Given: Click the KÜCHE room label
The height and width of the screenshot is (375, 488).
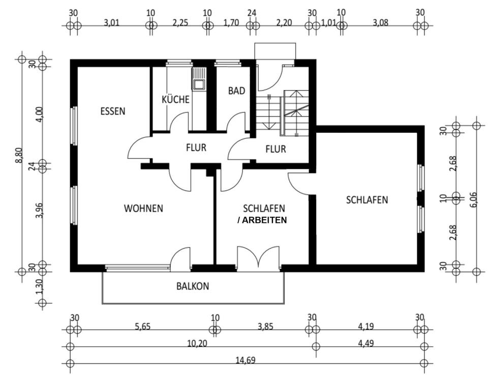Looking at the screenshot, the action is click(x=175, y=99).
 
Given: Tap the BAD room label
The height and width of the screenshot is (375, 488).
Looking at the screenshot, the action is click(x=236, y=91).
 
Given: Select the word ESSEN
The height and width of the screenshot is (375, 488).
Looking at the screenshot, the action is click(x=112, y=111).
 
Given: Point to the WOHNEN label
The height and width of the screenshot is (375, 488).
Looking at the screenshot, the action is click(x=143, y=208).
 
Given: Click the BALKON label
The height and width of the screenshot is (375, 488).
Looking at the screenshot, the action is click(x=193, y=286).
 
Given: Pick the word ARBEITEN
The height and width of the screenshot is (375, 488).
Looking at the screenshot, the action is click(x=264, y=220).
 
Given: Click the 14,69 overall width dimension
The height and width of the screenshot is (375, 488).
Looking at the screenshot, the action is click(x=245, y=360).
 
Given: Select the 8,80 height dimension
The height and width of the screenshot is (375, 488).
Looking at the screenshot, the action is click(x=18, y=155).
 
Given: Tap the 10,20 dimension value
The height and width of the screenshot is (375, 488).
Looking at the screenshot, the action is click(x=197, y=343).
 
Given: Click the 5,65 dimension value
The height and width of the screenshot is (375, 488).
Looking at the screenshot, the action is click(x=143, y=327).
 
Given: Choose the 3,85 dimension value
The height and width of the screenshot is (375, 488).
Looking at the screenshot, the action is click(x=265, y=327).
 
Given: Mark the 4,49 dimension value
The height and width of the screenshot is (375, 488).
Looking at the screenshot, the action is click(x=368, y=343).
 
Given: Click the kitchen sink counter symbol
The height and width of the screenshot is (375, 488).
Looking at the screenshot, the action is click(x=198, y=79).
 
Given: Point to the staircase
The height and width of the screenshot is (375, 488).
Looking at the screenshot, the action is click(x=282, y=113).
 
